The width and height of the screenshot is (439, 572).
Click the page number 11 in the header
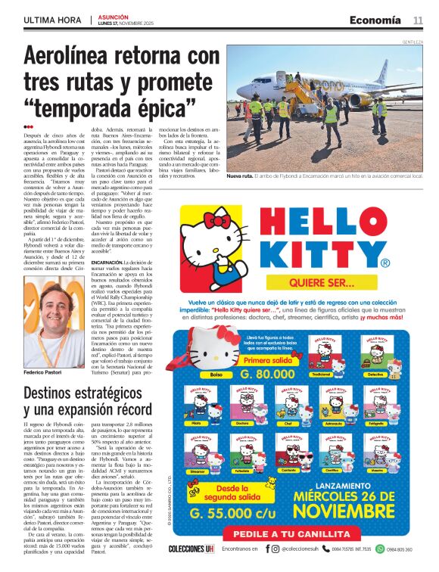418,20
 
